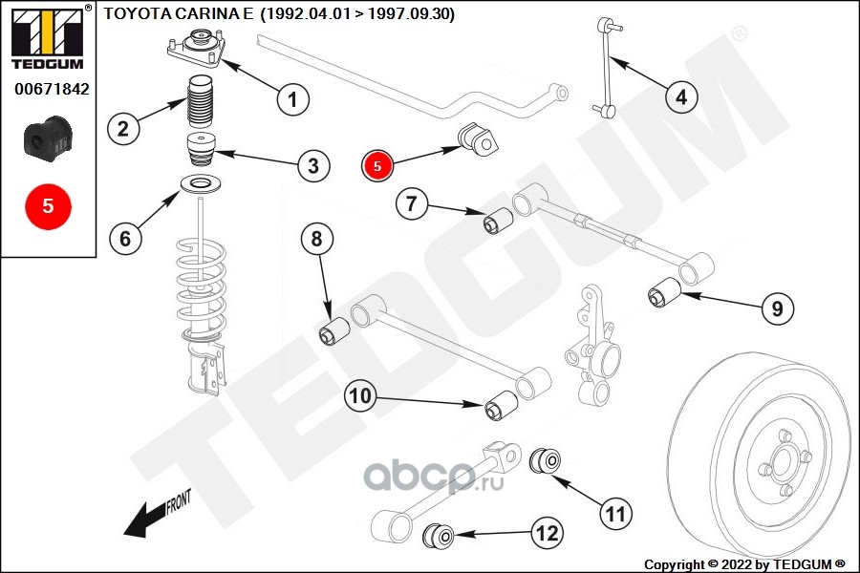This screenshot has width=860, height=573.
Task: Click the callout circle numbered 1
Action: (293, 99)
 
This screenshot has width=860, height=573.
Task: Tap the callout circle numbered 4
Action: (681, 97)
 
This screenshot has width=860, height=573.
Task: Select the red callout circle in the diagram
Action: (376, 165)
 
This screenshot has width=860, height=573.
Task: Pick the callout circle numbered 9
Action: (777, 308)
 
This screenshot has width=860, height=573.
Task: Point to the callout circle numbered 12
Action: (548, 533)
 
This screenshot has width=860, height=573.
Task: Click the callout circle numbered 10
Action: (360, 395)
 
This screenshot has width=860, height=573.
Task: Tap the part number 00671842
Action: (52, 89)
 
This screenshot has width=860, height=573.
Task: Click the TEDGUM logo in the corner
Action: (48, 37)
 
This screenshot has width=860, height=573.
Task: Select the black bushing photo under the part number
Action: (48, 138)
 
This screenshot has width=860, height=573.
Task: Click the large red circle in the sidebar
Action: (49, 206)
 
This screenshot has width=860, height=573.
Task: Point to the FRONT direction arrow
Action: (158, 513)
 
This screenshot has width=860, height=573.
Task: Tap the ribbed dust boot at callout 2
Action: (198, 102)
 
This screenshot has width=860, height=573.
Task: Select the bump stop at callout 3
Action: (201, 150)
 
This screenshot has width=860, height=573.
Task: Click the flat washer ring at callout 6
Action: (201, 184)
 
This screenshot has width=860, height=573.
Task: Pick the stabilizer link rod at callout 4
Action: (607, 68)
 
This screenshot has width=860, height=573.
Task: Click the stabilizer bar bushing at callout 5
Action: (479, 139)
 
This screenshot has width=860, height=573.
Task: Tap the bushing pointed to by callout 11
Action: (546, 460)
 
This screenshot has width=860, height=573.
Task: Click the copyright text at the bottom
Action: (744, 564)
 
